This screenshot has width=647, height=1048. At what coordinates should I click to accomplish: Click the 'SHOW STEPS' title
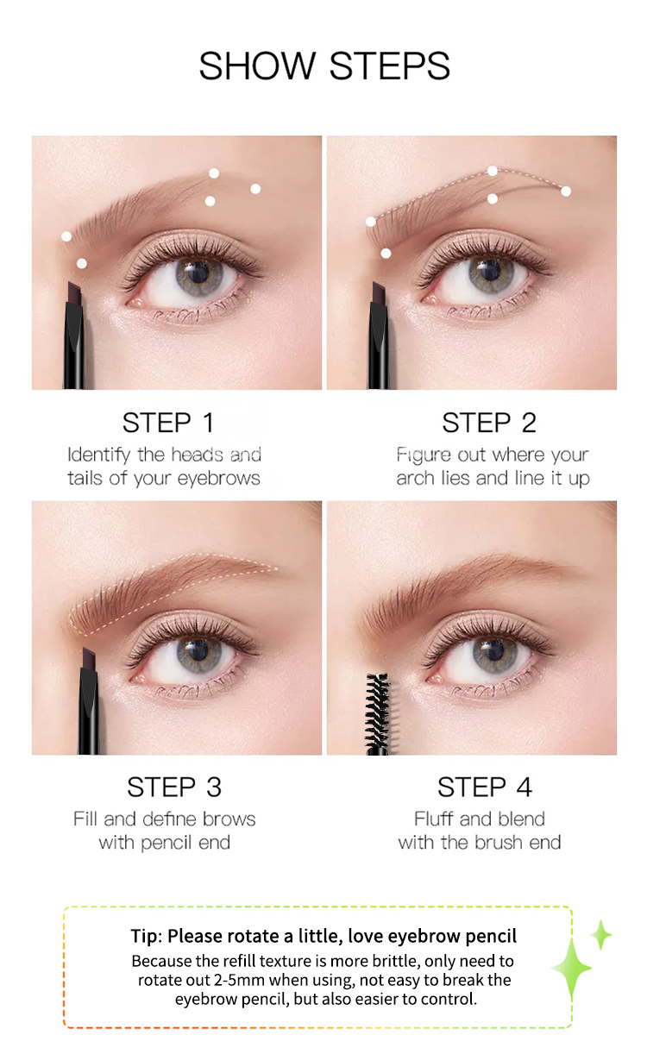(x=324, y=66)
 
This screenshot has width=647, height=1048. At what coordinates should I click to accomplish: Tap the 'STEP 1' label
(x=168, y=423)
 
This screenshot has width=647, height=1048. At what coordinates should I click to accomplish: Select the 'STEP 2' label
(x=489, y=423)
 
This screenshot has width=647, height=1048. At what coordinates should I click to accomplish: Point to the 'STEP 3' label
(x=174, y=787)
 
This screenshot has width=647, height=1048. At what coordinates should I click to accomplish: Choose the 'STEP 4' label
(x=485, y=787)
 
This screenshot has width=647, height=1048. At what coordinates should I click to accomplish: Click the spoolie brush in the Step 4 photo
(x=378, y=713)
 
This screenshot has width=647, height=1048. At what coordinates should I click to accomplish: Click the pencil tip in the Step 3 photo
(x=89, y=660)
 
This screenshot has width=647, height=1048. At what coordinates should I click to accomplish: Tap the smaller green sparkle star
(x=601, y=935)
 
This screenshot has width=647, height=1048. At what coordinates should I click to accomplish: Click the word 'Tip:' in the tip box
(x=147, y=936)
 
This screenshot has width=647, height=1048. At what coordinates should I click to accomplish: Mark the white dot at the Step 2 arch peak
(x=492, y=171)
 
